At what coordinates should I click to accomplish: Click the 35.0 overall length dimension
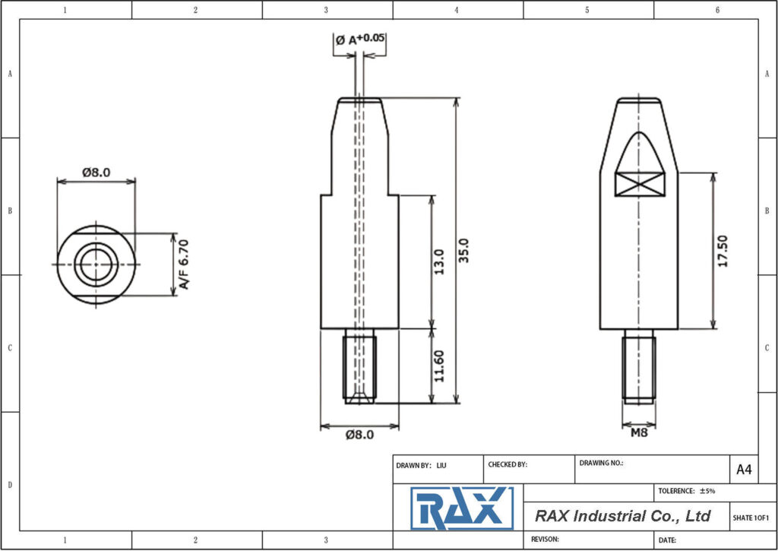(x=465, y=250)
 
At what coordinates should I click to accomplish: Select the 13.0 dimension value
(x=438, y=262)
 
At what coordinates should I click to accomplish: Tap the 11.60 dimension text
(x=438, y=366)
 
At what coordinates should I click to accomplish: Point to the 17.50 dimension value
(x=722, y=251)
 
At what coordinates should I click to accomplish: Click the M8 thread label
(x=639, y=433)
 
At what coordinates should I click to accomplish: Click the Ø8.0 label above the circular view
(x=96, y=173)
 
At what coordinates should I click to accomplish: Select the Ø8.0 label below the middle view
(x=359, y=435)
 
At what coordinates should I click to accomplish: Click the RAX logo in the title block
(x=461, y=508)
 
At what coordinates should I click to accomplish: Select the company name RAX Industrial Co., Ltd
(x=622, y=516)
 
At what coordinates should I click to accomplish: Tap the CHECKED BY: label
(x=507, y=464)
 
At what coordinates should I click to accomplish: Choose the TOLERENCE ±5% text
(x=686, y=491)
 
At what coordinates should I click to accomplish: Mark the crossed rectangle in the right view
(x=640, y=183)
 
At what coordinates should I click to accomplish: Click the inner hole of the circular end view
(x=96, y=264)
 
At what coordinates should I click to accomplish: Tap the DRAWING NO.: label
(x=601, y=463)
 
